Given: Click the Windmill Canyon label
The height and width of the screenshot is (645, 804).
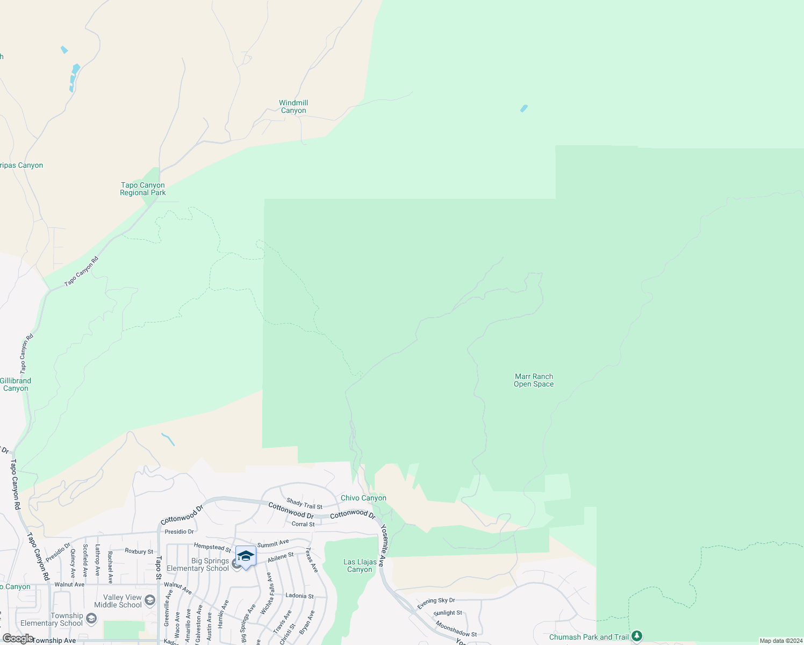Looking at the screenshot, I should click(293, 106).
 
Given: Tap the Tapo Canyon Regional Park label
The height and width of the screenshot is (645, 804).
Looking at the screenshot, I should click(143, 189).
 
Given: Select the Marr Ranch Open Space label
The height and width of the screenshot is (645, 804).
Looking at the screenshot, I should click(534, 380).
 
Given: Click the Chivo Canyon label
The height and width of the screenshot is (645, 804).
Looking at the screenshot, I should click(363, 498).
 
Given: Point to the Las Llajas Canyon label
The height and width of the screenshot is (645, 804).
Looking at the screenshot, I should click(360, 565).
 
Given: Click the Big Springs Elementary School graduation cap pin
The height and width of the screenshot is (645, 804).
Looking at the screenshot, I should click(246, 556).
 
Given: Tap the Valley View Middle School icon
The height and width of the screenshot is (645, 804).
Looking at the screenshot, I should click(150, 600).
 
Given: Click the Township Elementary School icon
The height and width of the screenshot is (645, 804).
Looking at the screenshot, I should click(91, 619).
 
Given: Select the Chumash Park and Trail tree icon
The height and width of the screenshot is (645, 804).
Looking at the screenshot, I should click(637, 636).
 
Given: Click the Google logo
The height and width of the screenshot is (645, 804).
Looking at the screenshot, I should click(18, 639).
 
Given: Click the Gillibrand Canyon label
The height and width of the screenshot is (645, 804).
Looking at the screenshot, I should click(16, 384).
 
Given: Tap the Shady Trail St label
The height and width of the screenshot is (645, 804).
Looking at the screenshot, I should click(304, 504).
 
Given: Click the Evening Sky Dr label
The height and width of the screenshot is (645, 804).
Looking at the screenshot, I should click(436, 604).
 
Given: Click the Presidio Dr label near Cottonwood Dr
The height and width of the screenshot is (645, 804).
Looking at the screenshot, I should click(179, 532).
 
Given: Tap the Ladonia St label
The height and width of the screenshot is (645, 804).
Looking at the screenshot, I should click(299, 596).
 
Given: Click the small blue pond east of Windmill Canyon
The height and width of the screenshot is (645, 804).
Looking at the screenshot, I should click(524, 109).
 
